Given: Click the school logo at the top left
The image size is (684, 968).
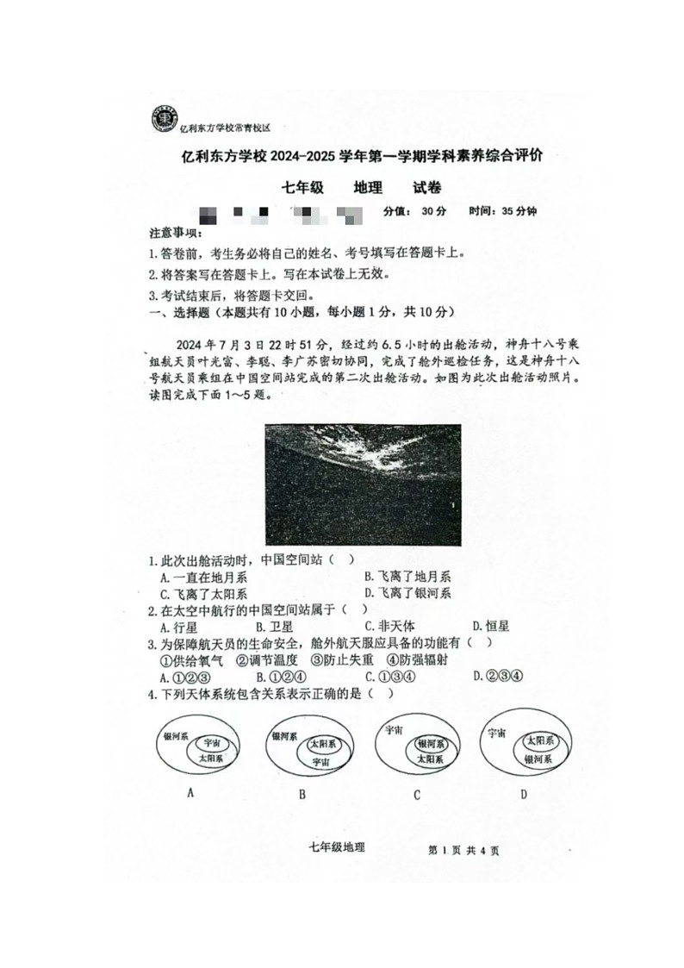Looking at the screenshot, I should point(162,119).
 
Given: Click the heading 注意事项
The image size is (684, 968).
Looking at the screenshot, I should point(175,234).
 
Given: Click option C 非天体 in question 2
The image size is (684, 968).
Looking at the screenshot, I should point(389,627).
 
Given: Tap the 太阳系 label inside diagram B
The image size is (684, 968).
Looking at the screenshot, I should point(322,743).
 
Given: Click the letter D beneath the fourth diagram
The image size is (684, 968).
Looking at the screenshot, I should point(523,794).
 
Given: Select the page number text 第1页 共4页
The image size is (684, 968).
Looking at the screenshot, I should point(463,851).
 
